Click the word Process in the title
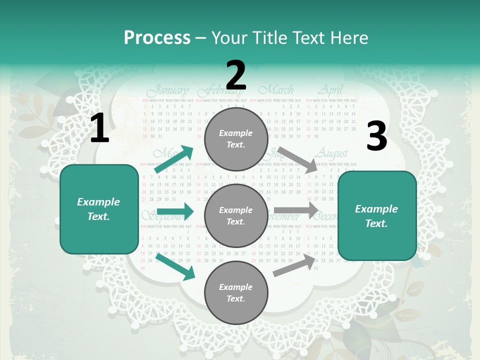[157, 38]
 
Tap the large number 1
[99, 128]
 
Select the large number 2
[236, 75]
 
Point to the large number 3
[376, 136]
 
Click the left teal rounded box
[99, 209]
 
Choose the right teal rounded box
[377, 216]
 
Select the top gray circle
[236, 139]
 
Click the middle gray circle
[236, 216]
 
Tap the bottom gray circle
[236, 293]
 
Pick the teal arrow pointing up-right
[174, 159]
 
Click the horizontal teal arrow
[175, 211]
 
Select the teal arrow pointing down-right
[175, 266]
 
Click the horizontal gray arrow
[296, 210]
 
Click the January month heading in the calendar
[168, 91]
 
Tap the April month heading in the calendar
[330, 90]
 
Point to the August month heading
[331, 153]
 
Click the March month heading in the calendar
[275, 90]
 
